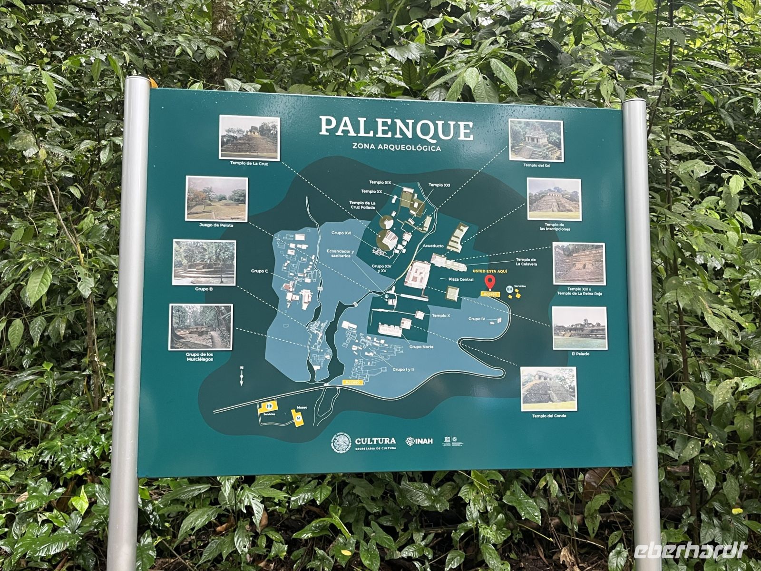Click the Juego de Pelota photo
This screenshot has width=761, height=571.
(x=216, y=199)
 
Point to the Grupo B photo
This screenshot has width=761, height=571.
(x=204, y=263)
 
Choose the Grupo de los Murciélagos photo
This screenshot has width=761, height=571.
(x=201, y=327)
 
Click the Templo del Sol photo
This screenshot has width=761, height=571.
(x=536, y=140)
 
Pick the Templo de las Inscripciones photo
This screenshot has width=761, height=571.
(x=554, y=200)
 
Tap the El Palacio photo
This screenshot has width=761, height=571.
(x=579, y=328)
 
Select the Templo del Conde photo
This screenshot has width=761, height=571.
(x=548, y=389)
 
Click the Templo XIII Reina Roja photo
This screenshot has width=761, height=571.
(x=579, y=264)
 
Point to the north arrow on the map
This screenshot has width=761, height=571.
(x=242, y=375)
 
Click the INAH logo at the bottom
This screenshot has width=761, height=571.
(x=419, y=441)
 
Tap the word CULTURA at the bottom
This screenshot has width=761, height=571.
(x=375, y=441)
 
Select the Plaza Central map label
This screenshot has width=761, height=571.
(x=457, y=279)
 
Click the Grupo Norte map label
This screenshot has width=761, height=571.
(x=421, y=347)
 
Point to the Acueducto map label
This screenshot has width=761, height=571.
(x=433, y=246)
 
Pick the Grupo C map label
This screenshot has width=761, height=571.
(x=260, y=271)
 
